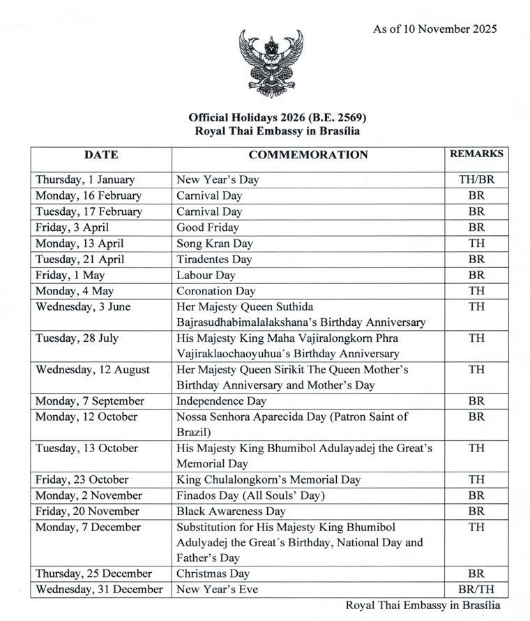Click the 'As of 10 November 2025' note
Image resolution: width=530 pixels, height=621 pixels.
pos(434,29)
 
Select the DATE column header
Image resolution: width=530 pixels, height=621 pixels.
pos(101,155)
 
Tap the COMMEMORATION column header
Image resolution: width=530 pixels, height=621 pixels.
pos(308,155)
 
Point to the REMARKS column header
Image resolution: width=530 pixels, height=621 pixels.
pos(476,154)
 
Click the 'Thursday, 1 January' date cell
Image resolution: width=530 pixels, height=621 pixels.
pos(86,179)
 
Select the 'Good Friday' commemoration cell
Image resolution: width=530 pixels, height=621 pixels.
pos(208,227)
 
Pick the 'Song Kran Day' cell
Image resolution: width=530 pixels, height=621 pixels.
pos(215,244)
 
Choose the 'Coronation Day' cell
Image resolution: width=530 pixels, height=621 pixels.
pos(216,291)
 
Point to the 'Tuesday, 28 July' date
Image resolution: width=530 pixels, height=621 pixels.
pos(77,338)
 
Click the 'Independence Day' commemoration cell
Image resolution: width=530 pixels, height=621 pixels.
pos(219,401)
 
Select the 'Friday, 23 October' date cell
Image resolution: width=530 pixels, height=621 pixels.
pos(82,479)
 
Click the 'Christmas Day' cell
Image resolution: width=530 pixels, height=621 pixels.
pos(213,574)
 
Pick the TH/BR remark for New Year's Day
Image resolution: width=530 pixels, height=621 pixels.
pos(476,179)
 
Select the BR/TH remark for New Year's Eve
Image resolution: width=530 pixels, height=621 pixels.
pos(476,590)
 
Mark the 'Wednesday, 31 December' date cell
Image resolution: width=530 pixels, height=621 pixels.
pos(100,590)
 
